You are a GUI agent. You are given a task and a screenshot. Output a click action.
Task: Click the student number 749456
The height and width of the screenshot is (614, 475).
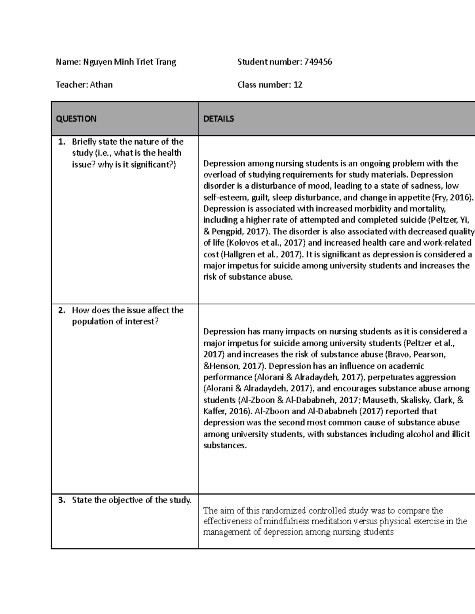click(x=318, y=62)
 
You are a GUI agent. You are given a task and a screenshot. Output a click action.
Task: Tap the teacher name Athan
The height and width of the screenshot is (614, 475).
click(x=101, y=85)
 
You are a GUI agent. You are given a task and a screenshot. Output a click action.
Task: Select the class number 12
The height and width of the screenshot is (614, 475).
click(x=298, y=85)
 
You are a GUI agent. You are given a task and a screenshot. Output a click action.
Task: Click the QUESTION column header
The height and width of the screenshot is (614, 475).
click(x=76, y=119)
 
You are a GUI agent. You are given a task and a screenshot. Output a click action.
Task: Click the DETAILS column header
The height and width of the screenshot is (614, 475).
click(x=218, y=119)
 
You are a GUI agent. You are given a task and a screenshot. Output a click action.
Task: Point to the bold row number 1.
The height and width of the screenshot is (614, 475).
click(x=61, y=142)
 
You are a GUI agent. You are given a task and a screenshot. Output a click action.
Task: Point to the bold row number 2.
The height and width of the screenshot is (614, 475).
click(x=61, y=310)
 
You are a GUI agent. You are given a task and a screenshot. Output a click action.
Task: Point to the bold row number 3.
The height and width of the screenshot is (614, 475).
click(x=61, y=500)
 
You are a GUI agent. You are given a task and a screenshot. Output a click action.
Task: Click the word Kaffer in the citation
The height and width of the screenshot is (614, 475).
click(x=215, y=411)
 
